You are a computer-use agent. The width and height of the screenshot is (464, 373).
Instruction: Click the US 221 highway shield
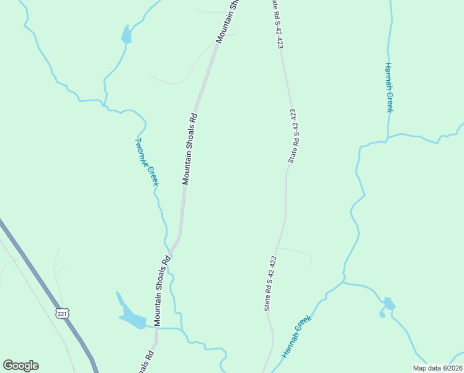(x=62, y=313)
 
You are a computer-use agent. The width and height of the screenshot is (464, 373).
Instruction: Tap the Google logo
(x=20, y=366)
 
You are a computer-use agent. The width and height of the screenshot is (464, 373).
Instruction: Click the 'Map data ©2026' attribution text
(x=437, y=368)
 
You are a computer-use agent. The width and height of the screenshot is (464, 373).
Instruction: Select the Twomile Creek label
(x=147, y=162)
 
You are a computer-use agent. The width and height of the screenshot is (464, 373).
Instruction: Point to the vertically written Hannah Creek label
(x=388, y=87)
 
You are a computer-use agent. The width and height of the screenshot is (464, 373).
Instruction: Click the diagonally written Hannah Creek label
(x=295, y=336)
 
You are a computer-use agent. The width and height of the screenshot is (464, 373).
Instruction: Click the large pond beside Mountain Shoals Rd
(x=132, y=319)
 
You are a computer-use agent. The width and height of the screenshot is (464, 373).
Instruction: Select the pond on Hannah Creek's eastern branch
(x=388, y=305)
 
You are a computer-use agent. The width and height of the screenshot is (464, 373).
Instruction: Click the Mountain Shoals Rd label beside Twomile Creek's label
(x=190, y=148)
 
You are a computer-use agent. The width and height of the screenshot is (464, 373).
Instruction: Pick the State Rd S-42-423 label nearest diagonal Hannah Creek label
(x=270, y=283)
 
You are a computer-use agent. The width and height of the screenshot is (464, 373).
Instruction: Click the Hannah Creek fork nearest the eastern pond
(x=344, y=283)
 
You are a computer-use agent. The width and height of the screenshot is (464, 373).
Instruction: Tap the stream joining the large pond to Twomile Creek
(x=164, y=328)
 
